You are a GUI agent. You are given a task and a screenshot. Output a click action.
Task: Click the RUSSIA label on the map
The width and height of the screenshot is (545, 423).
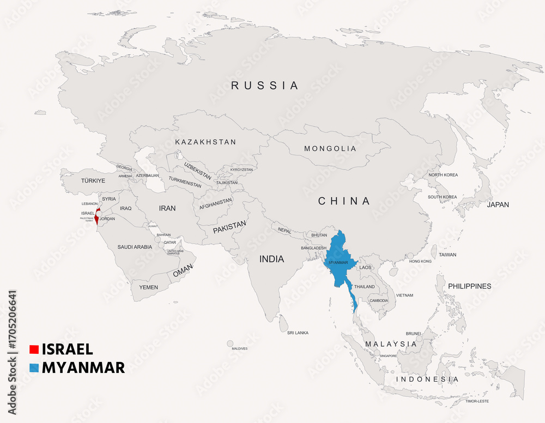(265, 86)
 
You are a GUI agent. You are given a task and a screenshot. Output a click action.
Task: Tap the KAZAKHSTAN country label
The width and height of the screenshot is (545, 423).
(205, 142)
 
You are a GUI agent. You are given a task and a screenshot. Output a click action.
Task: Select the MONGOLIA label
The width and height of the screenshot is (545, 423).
(330, 149)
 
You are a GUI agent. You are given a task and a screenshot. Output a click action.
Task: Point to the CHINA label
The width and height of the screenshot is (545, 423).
(344, 201)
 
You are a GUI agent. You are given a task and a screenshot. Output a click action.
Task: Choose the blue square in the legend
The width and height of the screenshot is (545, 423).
(34, 368)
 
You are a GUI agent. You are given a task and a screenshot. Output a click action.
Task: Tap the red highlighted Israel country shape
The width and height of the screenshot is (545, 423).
(96, 219)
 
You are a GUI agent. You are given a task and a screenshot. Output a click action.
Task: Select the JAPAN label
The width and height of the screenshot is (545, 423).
(498, 205)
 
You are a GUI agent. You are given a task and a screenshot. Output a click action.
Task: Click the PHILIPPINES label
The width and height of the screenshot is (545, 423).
(469, 286)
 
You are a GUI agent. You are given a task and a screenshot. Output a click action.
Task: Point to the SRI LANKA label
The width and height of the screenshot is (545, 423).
(298, 333)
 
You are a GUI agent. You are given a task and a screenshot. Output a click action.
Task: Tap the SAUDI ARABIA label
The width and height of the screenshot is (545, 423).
(135, 247)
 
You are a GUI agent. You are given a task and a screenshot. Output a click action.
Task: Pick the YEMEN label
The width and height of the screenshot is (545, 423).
(148, 287)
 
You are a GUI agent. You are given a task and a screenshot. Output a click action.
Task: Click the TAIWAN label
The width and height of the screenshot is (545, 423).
(447, 255)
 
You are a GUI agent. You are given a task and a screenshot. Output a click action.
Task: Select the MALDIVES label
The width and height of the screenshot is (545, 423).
(239, 348)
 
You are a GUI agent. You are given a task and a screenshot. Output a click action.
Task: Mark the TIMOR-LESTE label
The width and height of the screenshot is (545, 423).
(477, 401)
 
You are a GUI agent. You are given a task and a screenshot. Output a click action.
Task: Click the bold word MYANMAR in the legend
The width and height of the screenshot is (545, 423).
(83, 368)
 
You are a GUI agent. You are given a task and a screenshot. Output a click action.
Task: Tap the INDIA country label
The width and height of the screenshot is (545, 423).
(271, 259)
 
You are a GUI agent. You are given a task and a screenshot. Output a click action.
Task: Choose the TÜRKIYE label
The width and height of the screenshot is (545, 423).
(93, 180)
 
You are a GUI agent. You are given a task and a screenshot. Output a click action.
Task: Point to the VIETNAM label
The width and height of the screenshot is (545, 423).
(404, 295)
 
